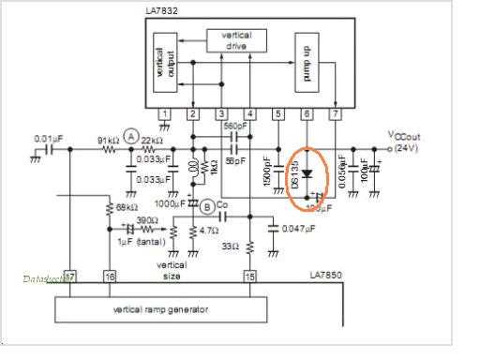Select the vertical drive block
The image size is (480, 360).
(x=235, y=39)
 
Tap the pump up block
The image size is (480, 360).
(x=307, y=60)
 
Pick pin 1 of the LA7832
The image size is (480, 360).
(x=164, y=115)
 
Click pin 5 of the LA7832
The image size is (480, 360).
(x=277, y=115)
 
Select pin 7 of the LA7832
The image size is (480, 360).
(x=335, y=115)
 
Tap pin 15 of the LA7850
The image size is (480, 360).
(x=249, y=277)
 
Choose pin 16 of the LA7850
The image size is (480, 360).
(x=110, y=277)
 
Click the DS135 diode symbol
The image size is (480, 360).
(x=307, y=172)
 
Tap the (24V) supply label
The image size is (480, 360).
(x=407, y=148)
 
